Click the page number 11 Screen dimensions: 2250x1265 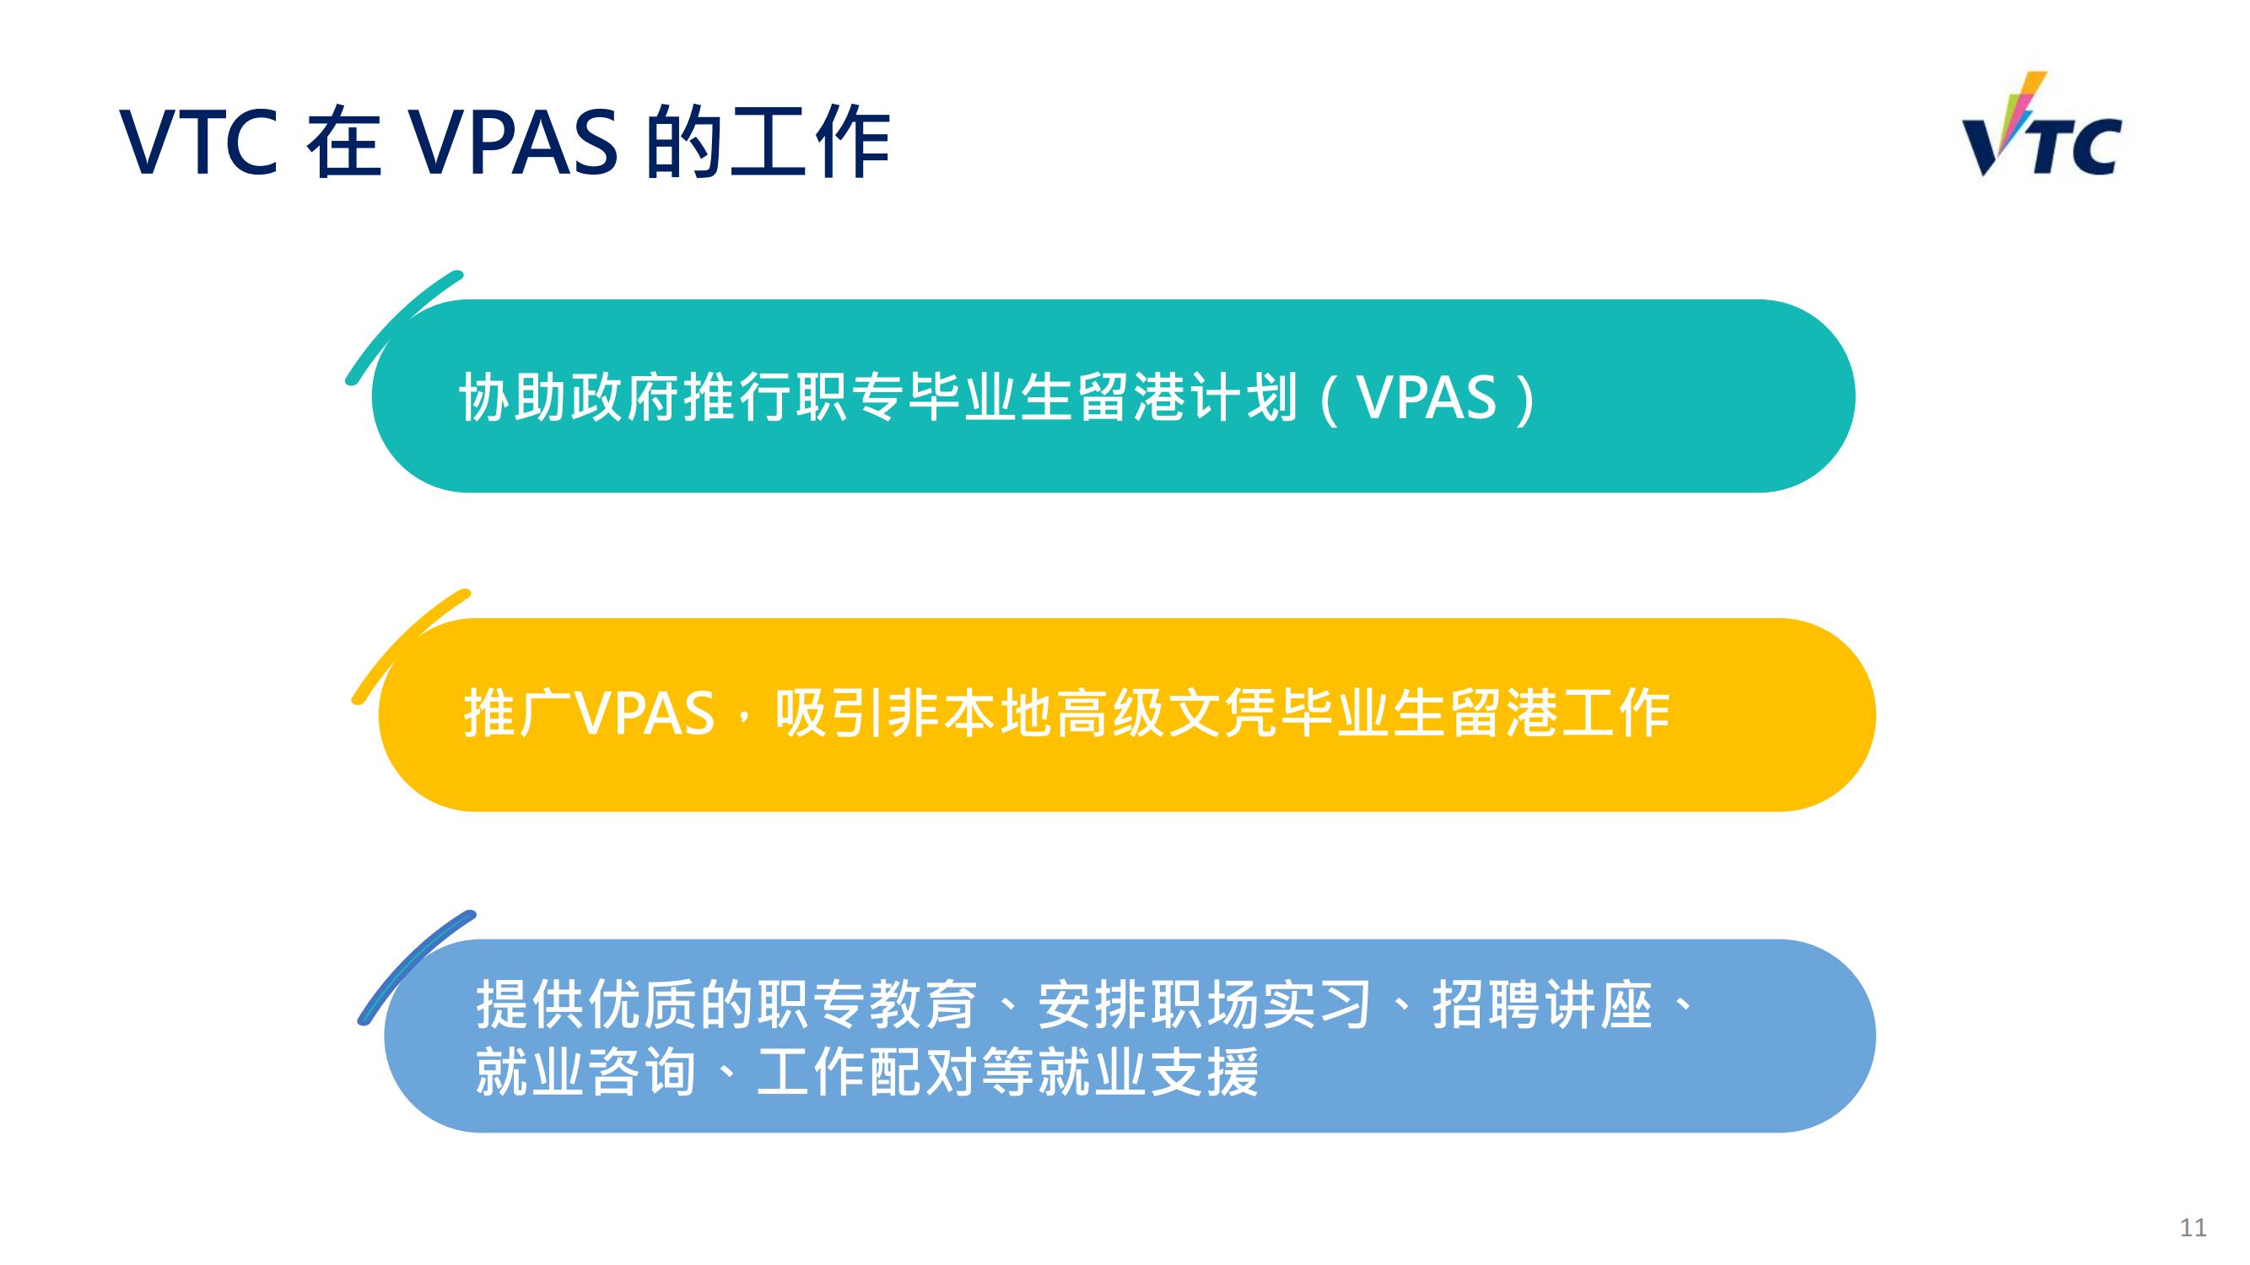(2193, 1227)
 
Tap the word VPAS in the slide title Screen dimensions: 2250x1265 (512, 142)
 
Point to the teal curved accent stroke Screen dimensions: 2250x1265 (402, 327)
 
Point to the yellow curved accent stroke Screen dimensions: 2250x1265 (411, 646)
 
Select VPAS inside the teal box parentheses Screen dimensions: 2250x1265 (1427, 398)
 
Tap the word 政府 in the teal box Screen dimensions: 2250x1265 (625, 398)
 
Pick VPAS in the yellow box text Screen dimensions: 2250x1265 (646, 713)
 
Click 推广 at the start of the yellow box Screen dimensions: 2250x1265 (519, 713)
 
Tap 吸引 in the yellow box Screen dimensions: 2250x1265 (830, 713)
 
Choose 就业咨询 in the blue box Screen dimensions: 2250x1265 (586, 1071)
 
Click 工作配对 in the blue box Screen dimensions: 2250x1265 (867, 1071)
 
